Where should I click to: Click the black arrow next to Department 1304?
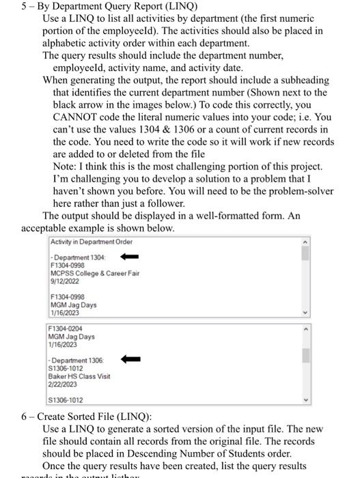130,257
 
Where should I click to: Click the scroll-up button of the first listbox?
305,242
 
